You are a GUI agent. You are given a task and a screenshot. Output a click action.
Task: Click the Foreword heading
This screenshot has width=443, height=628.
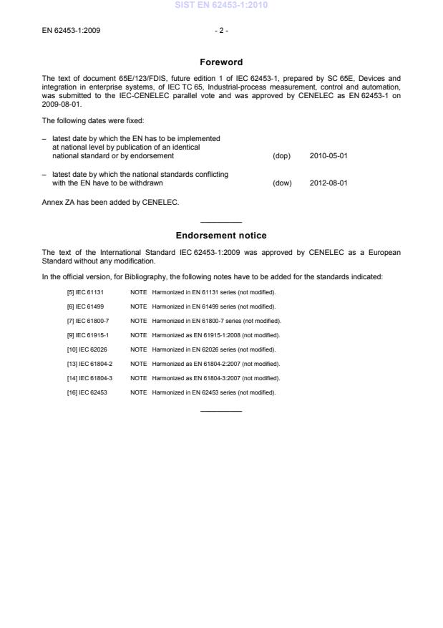coord(221,62)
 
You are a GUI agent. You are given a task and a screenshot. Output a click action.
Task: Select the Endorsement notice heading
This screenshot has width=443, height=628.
coord(221,235)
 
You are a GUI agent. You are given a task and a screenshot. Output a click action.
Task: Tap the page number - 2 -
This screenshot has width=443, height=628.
coord(220,31)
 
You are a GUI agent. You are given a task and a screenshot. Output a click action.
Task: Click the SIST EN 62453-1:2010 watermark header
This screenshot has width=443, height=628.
coord(221,6)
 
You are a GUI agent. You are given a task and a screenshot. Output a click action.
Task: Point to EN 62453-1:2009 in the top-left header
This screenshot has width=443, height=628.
coord(71,31)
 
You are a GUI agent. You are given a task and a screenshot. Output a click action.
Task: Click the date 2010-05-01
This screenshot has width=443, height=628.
coord(328,155)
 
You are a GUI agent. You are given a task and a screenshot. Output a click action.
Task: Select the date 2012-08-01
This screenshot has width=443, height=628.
coord(328,183)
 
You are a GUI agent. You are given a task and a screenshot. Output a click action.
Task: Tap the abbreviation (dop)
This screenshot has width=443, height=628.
coord(282,155)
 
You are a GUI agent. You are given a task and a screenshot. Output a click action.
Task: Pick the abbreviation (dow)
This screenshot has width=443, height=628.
coord(283,183)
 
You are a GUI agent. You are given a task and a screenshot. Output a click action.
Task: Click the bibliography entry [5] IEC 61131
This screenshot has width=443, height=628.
coord(85,292)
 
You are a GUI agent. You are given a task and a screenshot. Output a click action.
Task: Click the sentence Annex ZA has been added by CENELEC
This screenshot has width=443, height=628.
coord(109,202)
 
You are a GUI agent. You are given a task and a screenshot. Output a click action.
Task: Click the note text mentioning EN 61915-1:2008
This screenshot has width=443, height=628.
coord(215,335)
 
